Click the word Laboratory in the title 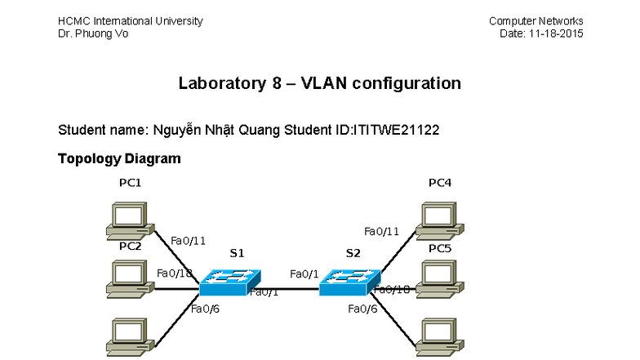(221, 83)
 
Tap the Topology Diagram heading (118, 158)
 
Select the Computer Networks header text (536, 20)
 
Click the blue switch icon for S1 (227, 282)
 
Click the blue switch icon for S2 (348, 282)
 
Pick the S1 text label (237, 253)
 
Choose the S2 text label (353, 253)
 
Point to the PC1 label (130, 183)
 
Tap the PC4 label (440, 183)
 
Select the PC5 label (440, 247)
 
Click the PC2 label (130, 246)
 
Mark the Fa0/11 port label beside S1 (188, 240)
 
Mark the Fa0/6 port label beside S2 (362, 309)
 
